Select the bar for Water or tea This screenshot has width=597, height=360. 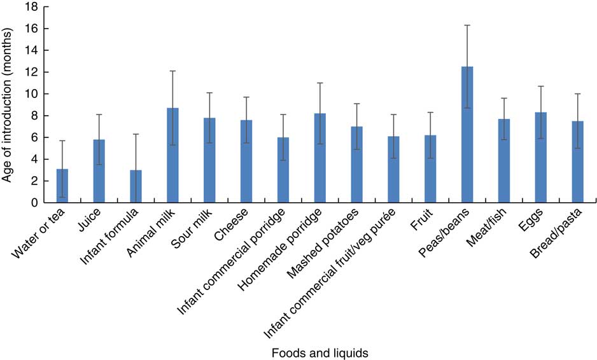62,186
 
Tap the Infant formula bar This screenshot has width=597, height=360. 136,186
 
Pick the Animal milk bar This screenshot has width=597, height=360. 172,155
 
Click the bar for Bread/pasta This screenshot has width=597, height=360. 577,162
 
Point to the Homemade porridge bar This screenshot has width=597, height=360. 320,158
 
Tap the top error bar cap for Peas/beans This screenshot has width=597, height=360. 467,25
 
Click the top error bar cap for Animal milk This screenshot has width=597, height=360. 172,71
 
